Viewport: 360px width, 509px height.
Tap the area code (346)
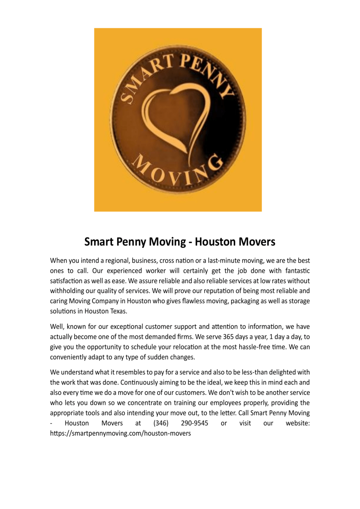tap(161, 423)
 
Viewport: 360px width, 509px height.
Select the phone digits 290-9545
tap(195, 423)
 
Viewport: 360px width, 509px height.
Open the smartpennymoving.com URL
tap(120, 433)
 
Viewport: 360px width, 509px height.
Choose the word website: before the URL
tap(298, 423)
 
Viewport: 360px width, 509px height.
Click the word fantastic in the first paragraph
tap(298, 271)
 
